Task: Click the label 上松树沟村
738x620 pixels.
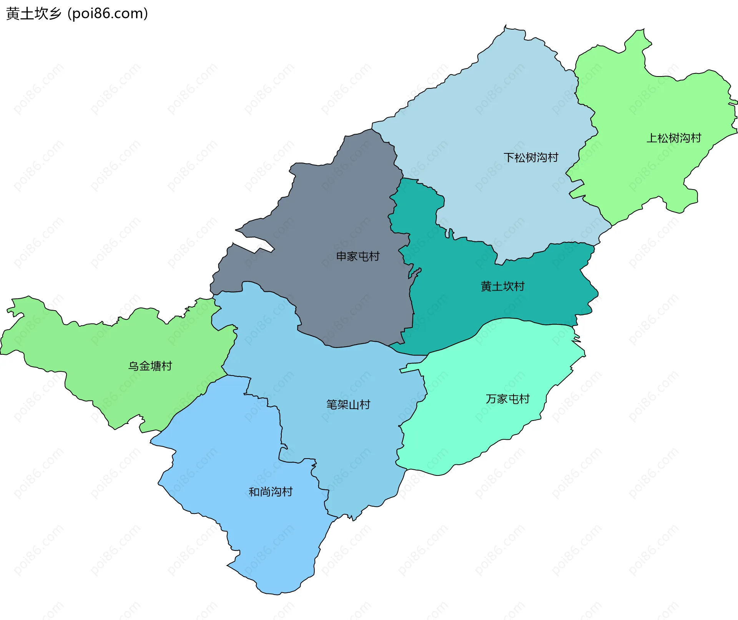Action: click(673, 138)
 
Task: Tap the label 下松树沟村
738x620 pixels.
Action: click(531, 158)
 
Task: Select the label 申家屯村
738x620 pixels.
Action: click(358, 256)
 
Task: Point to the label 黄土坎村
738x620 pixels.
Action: click(502, 286)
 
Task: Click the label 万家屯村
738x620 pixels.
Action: click(507, 399)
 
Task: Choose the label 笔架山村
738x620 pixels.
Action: click(348, 404)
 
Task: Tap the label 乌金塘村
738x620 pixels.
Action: click(150, 366)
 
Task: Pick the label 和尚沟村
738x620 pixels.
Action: click(271, 492)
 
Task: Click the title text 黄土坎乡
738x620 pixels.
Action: click(34, 14)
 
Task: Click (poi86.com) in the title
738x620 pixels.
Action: click(108, 14)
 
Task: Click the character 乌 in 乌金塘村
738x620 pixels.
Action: click(133, 366)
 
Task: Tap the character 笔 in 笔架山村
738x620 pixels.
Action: click(332, 404)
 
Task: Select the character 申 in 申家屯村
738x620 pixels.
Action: click(341, 256)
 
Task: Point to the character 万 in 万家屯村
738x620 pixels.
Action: click(491, 399)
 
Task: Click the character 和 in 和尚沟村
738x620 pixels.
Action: click(254, 492)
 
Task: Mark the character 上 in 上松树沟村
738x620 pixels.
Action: click(652, 138)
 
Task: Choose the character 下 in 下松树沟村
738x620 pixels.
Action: click(509, 158)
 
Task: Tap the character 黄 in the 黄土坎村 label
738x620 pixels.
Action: click(486, 286)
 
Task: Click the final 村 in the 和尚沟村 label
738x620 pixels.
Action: click(287, 492)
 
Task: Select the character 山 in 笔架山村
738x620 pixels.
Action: click(354, 404)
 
